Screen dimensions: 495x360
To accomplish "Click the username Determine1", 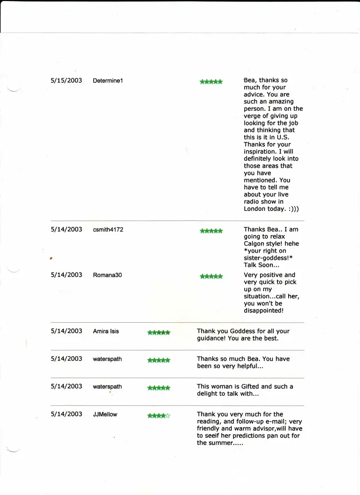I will [107, 81].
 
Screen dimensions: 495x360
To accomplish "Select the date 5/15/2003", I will [66, 80].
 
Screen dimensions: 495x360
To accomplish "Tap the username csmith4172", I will [108, 230].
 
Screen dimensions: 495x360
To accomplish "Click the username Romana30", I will [107, 275].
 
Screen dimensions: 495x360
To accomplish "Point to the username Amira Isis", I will [105, 331].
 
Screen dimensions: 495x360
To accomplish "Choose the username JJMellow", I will [105, 414].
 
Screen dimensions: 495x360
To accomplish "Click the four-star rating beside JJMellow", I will [158, 416].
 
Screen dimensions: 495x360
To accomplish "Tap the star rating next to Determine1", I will [211, 82].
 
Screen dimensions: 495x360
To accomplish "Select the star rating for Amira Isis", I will [158, 333].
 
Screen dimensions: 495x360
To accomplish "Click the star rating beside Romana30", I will [211, 276].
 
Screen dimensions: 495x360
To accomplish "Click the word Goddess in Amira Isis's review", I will [237, 331].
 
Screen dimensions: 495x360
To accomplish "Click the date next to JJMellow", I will [66, 414].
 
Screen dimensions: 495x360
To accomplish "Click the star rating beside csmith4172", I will [211, 231].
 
